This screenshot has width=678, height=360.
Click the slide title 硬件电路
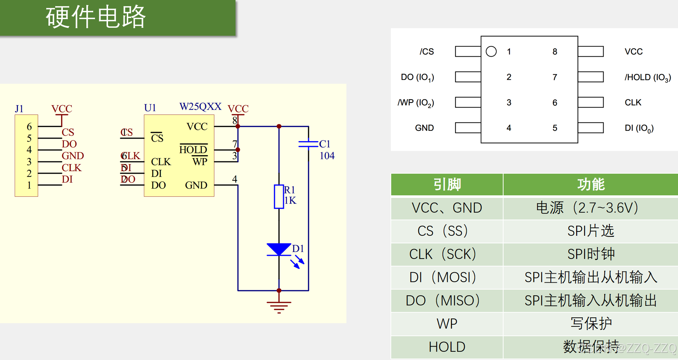point(96,17)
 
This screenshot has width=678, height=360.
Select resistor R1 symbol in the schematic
point(278,196)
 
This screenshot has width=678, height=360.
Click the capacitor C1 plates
point(308,144)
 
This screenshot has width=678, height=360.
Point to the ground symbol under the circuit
point(279,307)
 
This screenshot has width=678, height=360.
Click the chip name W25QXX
point(200,107)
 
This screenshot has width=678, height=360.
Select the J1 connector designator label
point(19,109)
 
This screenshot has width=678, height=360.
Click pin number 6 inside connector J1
point(29,127)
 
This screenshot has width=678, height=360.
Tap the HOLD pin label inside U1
point(193,149)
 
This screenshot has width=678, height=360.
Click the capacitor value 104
point(327,156)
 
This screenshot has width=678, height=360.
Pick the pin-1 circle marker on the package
point(491,52)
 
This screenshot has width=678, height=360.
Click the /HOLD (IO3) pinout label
point(648,77)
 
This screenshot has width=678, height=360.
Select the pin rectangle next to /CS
point(468,52)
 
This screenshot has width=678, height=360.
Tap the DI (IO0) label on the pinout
point(639,128)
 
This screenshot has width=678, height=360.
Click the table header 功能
point(591,185)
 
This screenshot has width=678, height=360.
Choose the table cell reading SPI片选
point(591,231)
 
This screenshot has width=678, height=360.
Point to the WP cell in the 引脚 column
point(447,324)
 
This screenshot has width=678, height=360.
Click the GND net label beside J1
point(73,156)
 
